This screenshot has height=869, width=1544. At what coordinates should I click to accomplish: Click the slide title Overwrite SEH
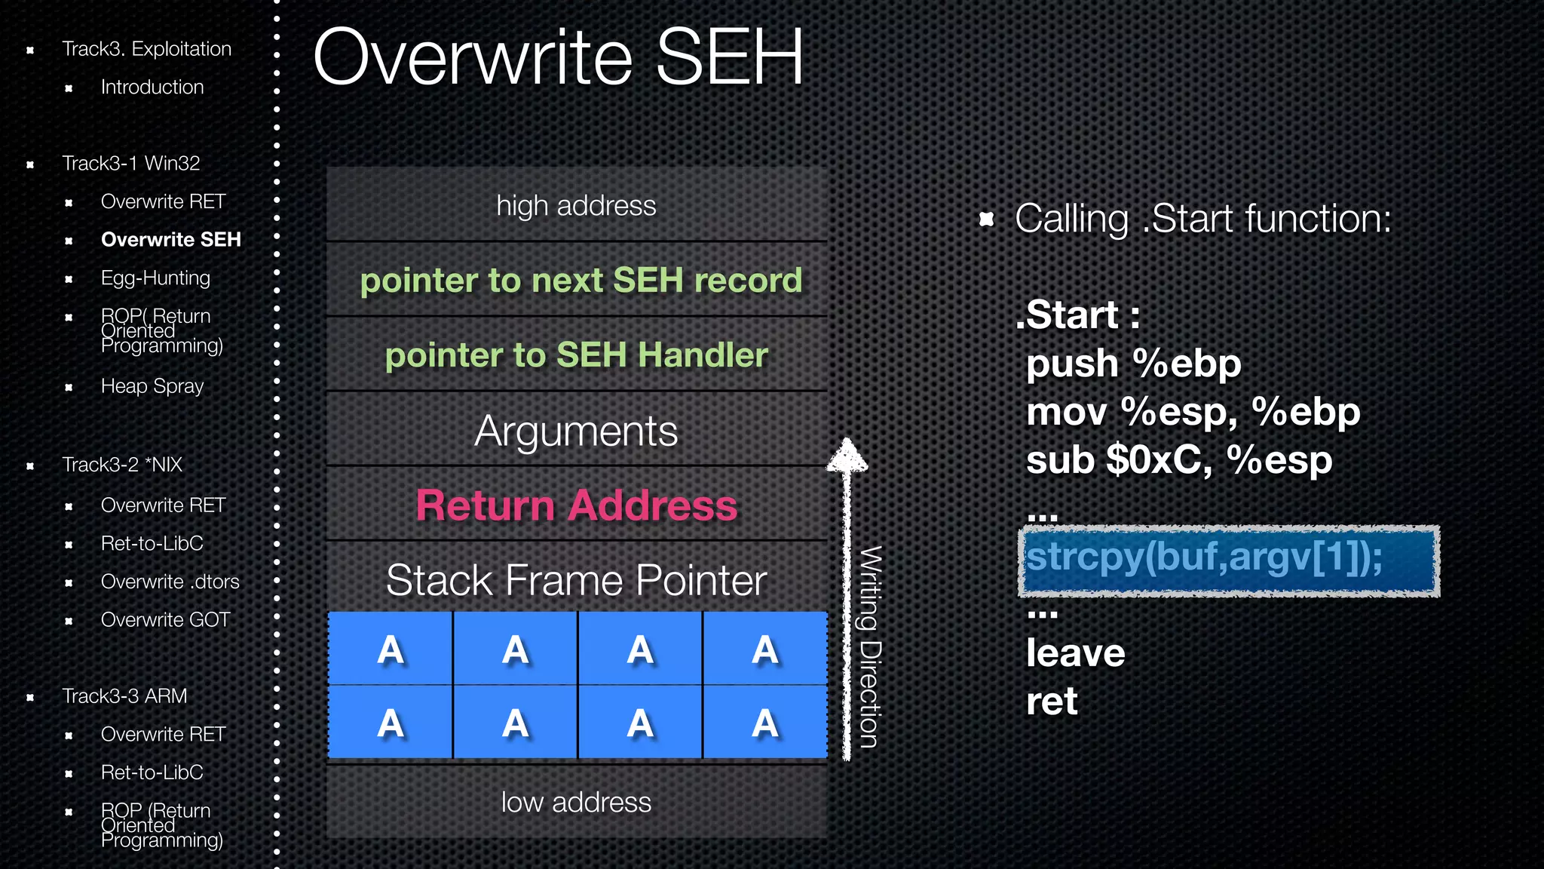click(558, 57)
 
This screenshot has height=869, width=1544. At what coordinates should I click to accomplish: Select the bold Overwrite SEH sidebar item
click(170, 240)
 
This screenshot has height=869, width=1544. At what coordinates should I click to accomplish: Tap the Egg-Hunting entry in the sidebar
click(155, 278)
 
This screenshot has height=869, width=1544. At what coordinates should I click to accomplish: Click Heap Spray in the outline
click(152, 386)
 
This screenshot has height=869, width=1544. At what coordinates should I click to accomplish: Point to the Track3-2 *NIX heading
click(122, 465)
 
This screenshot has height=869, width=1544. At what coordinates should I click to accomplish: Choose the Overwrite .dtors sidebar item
click(170, 582)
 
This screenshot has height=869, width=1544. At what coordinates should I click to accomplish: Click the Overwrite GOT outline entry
click(165, 620)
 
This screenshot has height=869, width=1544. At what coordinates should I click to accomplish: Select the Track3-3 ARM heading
click(124, 696)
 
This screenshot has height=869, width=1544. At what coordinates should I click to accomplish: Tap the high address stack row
click(577, 205)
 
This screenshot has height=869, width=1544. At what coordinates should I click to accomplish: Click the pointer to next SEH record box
click(581, 280)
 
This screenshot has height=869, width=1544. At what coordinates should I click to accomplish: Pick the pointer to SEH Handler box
click(577, 355)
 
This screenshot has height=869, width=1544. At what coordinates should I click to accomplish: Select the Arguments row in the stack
click(577, 431)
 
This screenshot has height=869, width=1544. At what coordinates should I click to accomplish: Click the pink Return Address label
click(577, 505)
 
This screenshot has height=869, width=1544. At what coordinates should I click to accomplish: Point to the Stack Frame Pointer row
click(577, 579)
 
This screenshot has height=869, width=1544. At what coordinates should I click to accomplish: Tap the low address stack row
click(577, 803)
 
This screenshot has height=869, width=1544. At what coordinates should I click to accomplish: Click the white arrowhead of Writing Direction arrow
click(847, 455)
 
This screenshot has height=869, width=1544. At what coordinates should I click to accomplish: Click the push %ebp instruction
click(1133, 364)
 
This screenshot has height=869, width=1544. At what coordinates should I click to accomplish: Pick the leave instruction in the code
click(1075, 653)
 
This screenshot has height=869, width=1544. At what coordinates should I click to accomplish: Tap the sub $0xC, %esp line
click(1179, 460)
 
